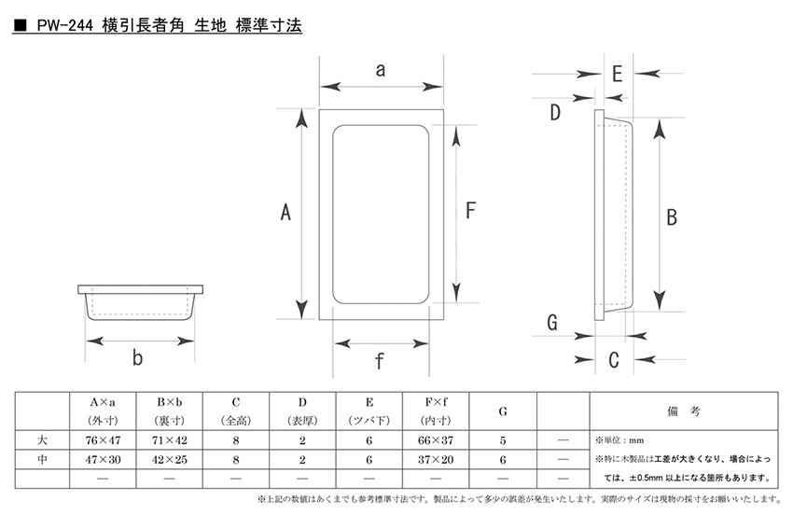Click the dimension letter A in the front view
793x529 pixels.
coord(286,215)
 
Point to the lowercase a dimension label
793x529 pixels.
coord(381,69)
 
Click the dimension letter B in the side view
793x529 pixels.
coord(671,216)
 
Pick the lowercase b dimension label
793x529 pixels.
coord(138,357)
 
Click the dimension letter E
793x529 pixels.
coord(617,73)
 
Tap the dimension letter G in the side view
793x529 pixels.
coord(552,323)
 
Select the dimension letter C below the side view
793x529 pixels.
coord(614,359)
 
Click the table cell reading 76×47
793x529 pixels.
coord(103,439)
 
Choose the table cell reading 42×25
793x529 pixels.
coord(169,458)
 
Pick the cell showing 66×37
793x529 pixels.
coord(437,439)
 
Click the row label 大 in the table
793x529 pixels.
coord(42,439)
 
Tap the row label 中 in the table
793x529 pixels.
coord(42,458)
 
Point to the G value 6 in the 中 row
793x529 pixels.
coord(504,458)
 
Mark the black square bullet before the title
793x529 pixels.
coord(20,29)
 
